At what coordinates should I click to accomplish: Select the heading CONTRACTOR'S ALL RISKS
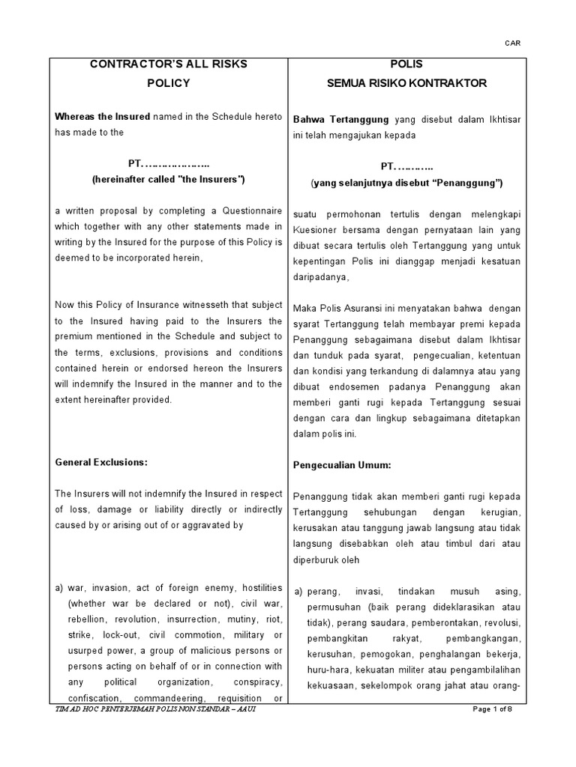(169, 64)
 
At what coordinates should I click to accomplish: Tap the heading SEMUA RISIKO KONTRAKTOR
(406, 83)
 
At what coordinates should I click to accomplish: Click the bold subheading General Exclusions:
(101, 462)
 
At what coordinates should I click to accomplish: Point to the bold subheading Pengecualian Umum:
(342, 465)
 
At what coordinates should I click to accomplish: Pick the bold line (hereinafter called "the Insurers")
(168, 180)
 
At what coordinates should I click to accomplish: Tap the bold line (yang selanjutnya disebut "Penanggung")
(406, 183)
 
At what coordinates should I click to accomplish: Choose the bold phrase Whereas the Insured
(103, 116)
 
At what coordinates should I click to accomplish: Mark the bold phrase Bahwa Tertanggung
(340, 119)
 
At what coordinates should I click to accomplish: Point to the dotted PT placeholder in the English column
(168, 164)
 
